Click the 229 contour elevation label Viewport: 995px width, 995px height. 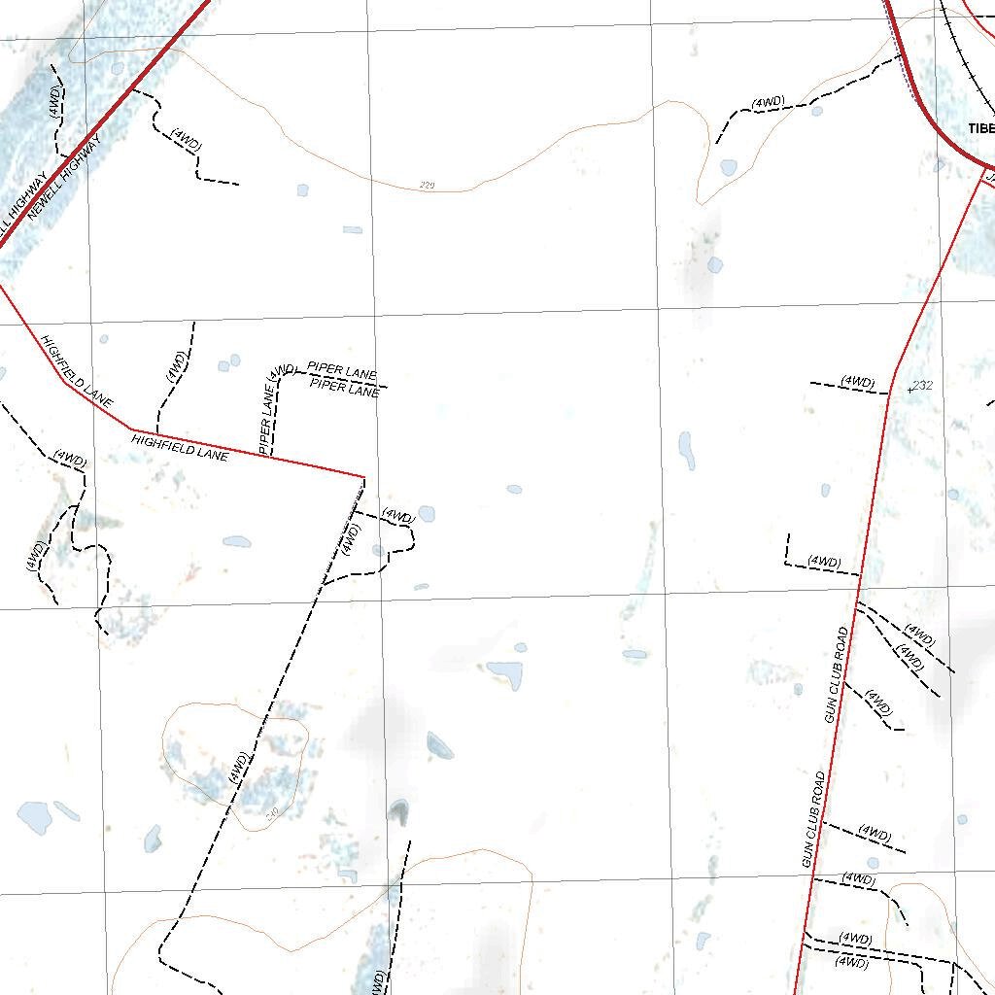pyautogui.click(x=427, y=185)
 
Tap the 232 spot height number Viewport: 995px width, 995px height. pyautogui.click(x=923, y=386)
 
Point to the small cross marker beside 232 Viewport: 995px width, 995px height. pyautogui.click(x=909, y=390)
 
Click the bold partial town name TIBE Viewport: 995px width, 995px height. pyautogui.click(x=980, y=128)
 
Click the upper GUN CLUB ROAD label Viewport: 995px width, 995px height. pyautogui.click(x=837, y=674)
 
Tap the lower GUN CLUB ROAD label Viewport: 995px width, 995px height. pyautogui.click(x=813, y=819)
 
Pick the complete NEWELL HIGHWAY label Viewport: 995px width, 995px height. pyautogui.click(x=65, y=178)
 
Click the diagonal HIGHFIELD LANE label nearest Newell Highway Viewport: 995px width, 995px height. pyautogui.click(x=77, y=371)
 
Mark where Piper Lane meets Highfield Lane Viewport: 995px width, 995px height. pyautogui.click(x=269, y=456)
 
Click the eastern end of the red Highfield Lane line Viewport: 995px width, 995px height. pyautogui.click(x=363, y=476)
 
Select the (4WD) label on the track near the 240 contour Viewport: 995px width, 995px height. pyautogui.click(x=239, y=768)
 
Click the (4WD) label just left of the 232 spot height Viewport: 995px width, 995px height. pyautogui.click(x=858, y=382)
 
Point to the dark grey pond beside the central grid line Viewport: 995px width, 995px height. pyautogui.click(x=399, y=811)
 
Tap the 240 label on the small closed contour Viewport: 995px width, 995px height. pyautogui.click(x=271, y=811)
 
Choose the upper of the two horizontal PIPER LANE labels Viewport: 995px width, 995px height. pyautogui.click(x=342, y=371)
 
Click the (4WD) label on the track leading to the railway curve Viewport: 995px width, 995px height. pyautogui.click(x=768, y=103)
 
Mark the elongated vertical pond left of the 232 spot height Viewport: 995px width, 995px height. pyautogui.click(x=687, y=449)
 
